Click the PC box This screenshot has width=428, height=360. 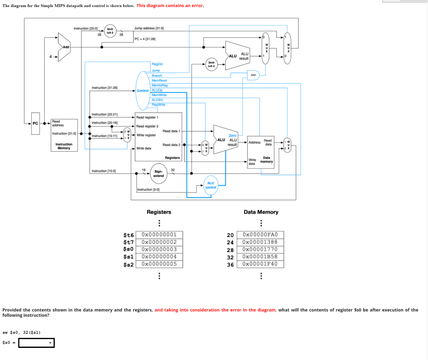click(36, 124)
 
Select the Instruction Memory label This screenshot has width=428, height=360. click(64, 146)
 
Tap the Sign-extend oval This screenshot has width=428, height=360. click(158, 173)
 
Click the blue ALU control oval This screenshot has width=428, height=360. click(210, 185)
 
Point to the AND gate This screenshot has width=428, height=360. click(253, 75)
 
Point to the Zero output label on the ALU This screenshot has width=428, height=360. click(233, 135)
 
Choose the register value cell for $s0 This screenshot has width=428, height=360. click(162, 249)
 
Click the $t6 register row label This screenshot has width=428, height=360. click(128, 235)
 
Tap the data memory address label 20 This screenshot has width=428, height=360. click(230, 235)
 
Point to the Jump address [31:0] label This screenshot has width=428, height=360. click(149, 28)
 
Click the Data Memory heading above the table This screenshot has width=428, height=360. click(261, 212)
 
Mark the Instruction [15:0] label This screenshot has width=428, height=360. click(104, 171)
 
